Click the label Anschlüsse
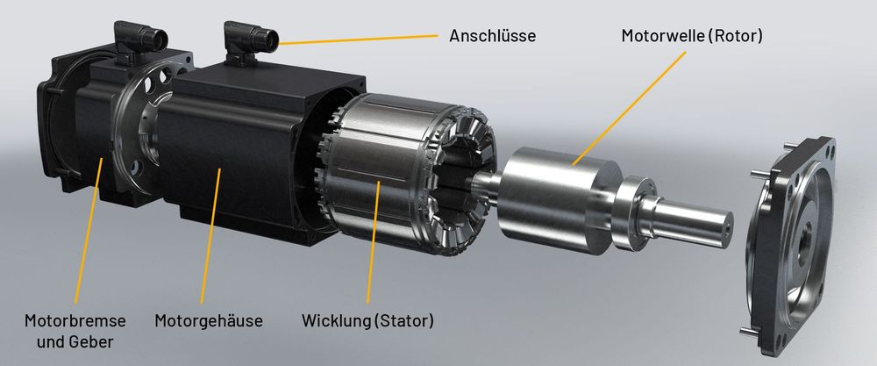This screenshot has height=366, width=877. [492, 36]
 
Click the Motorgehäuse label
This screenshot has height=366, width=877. [209, 321]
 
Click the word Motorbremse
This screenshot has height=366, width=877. [75, 321]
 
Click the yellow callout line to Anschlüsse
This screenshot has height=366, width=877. [358, 39]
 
